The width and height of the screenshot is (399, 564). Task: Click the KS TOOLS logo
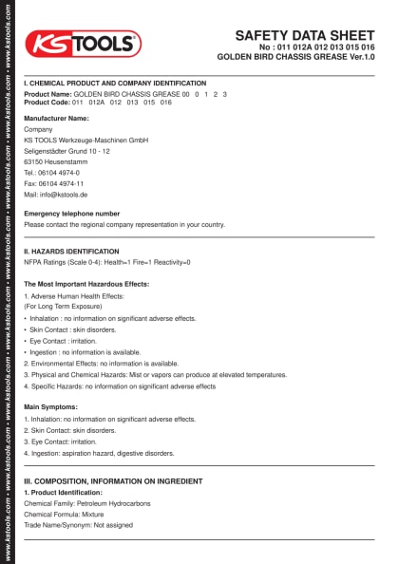pyautogui.click(x=83, y=44)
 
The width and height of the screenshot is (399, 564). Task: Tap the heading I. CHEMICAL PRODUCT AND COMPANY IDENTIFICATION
pyautogui.click(x=114, y=84)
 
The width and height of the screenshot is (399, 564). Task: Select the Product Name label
pyautogui.click(x=47, y=95)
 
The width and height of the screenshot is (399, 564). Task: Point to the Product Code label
pyautogui.click(x=47, y=102)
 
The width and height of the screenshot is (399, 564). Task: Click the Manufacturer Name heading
pyautogui.click(x=56, y=118)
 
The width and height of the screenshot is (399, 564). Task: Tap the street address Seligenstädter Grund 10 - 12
pyautogui.click(x=67, y=151)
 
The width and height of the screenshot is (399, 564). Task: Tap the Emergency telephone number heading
pyautogui.click(x=72, y=214)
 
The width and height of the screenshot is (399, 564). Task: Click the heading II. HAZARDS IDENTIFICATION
pyautogui.click(x=72, y=251)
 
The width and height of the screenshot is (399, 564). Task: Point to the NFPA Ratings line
pyautogui.click(x=107, y=262)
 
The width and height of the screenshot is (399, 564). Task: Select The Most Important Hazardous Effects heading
pyautogui.click(x=86, y=284)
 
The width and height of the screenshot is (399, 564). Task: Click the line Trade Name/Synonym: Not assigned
pyautogui.click(x=78, y=524)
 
